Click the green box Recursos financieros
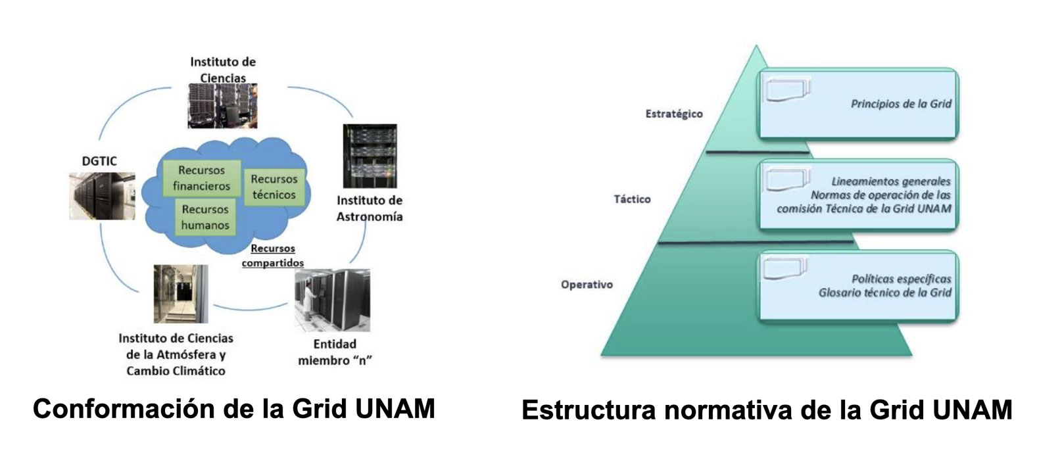point(201,178)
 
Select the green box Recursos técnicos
point(274,187)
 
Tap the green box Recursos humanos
point(205,218)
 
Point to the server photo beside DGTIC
point(102,196)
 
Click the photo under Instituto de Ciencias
point(222,105)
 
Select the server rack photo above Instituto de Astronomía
point(370,156)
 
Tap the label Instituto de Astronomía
point(370,208)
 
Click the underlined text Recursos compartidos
point(272,256)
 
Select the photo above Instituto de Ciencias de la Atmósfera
point(180,294)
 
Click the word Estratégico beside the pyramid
point(673,114)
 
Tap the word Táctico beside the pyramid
point(632,199)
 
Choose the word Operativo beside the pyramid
point(587,285)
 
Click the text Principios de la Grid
point(901,104)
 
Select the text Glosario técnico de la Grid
point(884,293)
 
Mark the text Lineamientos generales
point(890,181)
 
